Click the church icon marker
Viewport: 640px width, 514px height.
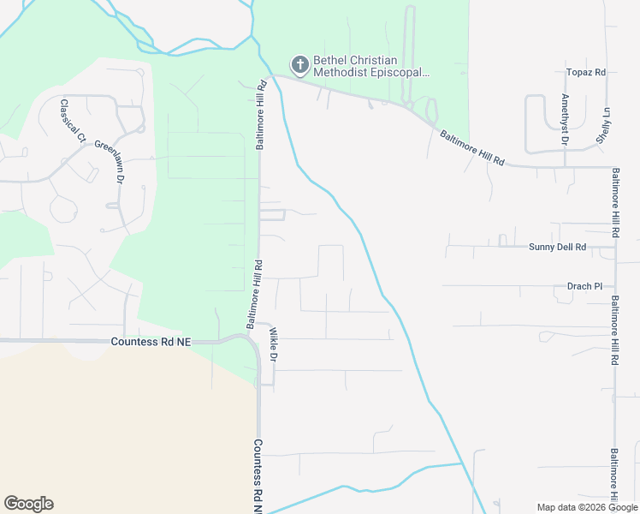point(299,64)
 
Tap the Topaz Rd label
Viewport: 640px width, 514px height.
point(586,73)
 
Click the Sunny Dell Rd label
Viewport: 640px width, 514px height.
point(557,247)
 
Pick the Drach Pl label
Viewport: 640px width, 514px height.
point(585,286)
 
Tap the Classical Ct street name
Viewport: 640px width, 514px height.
point(73,120)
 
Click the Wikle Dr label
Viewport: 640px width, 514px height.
point(273,344)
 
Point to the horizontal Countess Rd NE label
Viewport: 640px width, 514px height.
point(151,342)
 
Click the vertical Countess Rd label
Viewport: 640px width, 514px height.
point(257,476)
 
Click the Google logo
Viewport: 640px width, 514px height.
point(28,504)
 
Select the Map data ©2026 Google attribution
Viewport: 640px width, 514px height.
point(586,507)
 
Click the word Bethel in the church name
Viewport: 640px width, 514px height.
point(330,60)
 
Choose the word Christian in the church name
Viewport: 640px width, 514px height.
point(376,60)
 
